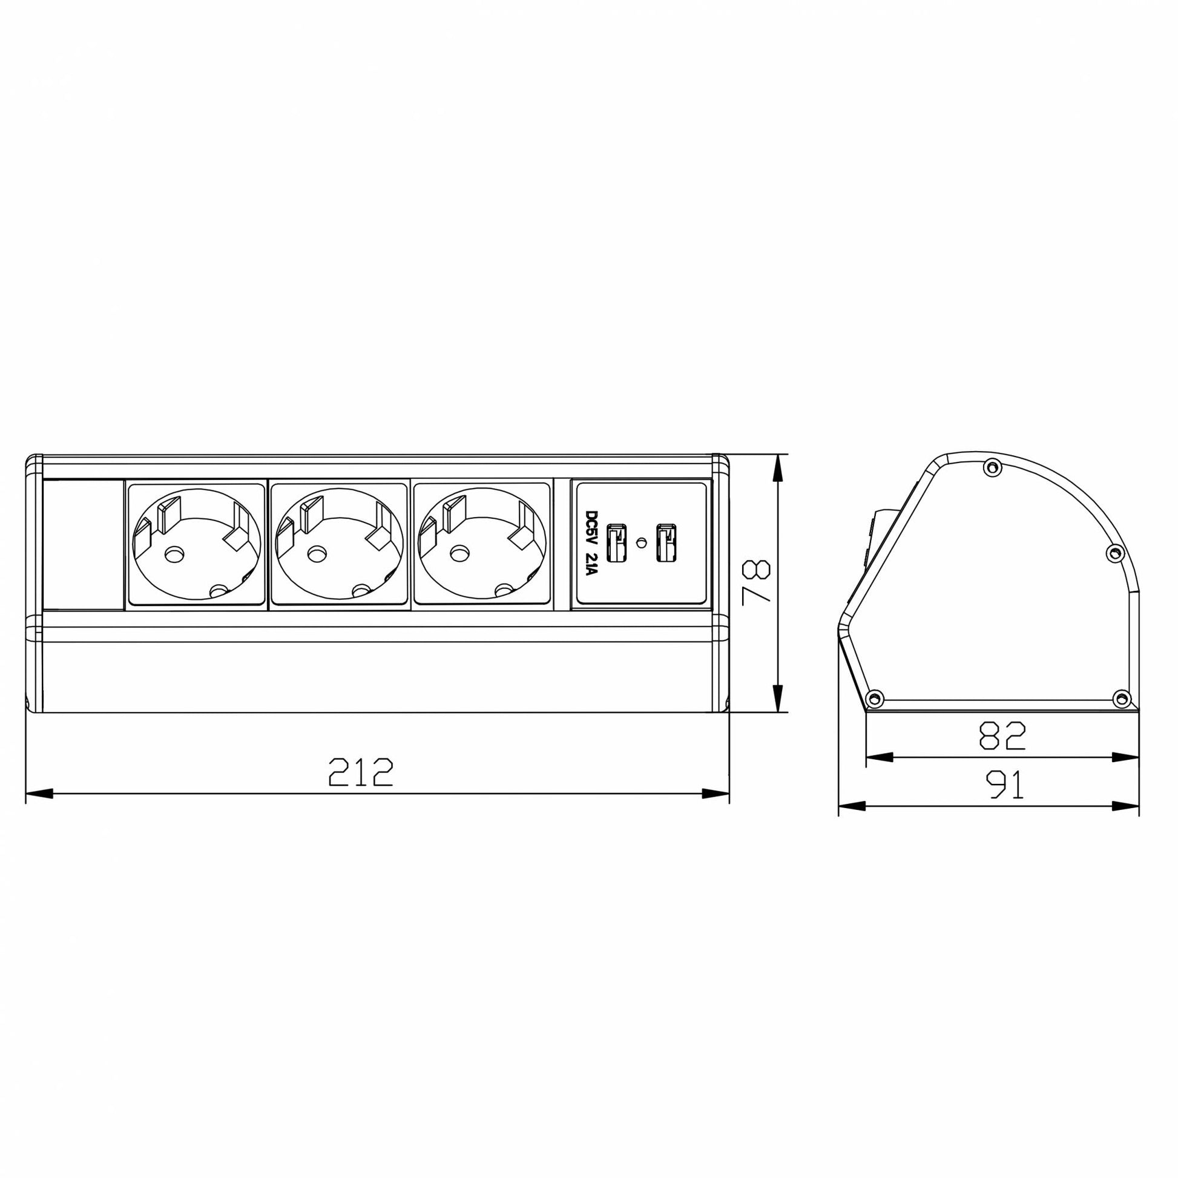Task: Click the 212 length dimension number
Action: (x=361, y=772)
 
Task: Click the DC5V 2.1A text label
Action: (x=591, y=543)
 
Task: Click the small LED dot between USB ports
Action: (x=640, y=542)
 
